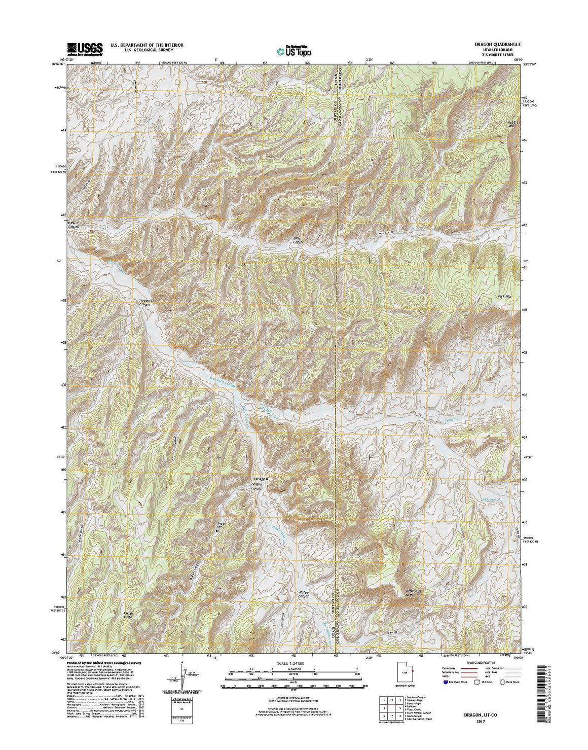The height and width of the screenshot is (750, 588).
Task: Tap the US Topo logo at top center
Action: tap(294, 50)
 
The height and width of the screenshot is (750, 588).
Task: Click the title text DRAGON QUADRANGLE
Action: tap(483, 45)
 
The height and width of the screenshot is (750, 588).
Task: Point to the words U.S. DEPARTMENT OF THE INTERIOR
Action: tap(147, 45)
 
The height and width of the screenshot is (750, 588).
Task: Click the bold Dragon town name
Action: tap(261, 479)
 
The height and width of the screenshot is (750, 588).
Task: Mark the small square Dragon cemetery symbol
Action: tap(217, 531)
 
